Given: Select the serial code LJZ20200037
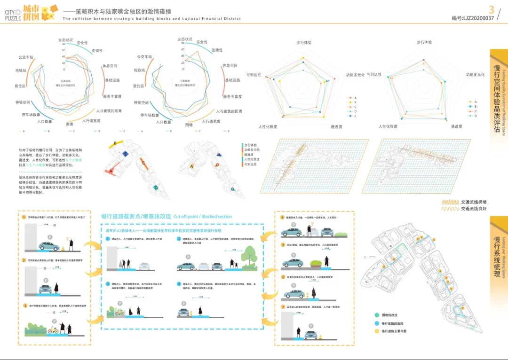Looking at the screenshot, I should (473, 18).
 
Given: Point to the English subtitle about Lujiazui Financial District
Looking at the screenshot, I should (152, 19).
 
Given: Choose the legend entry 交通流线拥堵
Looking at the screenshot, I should (474, 202).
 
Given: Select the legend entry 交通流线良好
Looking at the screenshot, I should (474, 209).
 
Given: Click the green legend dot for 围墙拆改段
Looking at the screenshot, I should (377, 315).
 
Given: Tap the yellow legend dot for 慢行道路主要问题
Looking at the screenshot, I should (377, 332).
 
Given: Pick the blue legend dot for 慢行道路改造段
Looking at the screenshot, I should (377, 323).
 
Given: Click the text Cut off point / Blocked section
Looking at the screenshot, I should (202, 217).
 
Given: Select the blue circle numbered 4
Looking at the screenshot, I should (179, 284).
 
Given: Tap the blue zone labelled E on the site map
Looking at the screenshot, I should (126, 154).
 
